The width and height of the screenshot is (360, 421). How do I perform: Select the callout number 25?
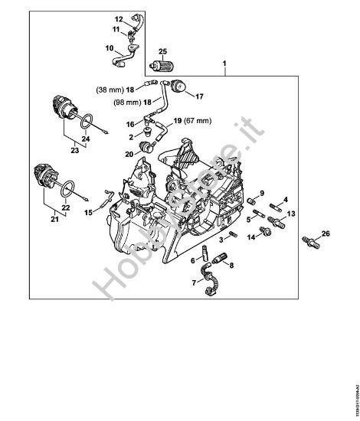coord(162,51)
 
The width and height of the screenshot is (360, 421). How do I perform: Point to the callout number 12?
coord(119,18)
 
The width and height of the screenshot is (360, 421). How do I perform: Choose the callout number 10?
coord(109,48)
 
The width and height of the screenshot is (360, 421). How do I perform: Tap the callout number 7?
coord(193,282)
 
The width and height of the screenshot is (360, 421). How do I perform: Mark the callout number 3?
coord(222,240)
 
